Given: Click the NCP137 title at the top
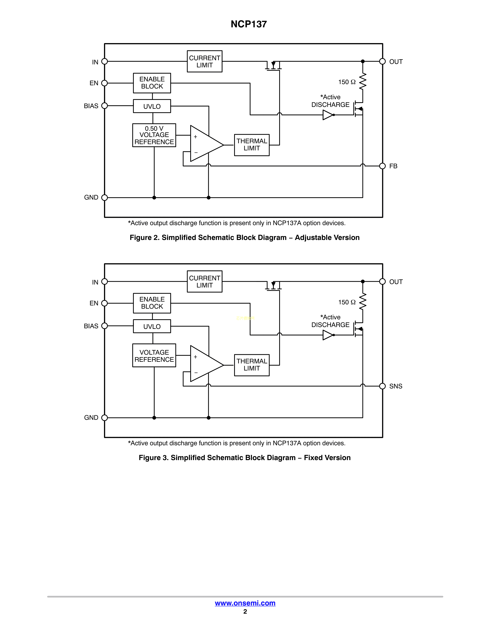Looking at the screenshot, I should point(249,24).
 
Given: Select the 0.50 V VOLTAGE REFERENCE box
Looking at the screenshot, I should point(154,135).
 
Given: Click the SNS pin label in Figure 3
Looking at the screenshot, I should point(396,386).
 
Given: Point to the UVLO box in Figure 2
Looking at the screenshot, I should point(152,106).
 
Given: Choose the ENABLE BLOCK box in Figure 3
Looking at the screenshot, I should point(152,303).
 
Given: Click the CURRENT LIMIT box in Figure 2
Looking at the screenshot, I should point(204,61).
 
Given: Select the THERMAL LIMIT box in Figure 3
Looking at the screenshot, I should point(252,365).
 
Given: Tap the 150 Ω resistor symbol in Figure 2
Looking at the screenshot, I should point(363,81).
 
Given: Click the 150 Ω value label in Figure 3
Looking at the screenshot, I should point(347,302).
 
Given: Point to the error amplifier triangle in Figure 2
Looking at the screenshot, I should point(205,144).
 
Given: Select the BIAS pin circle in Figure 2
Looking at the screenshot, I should point(104,106).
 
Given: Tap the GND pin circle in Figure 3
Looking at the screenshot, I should point(104,418).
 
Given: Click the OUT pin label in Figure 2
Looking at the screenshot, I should point(396,62).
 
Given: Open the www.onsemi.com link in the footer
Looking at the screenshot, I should point(245,603).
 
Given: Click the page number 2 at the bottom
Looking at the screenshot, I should point(245,612).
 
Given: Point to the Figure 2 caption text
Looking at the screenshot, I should point(245,237).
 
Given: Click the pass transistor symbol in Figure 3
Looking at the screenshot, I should point(273,286).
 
